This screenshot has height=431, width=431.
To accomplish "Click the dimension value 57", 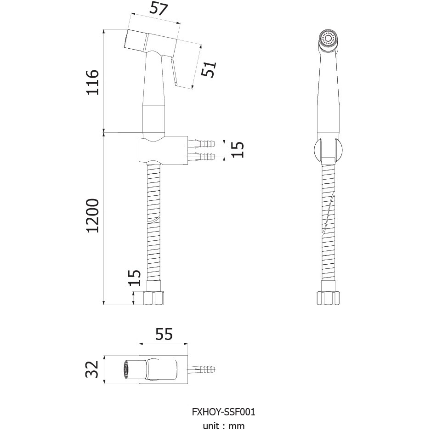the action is tap(159, 9).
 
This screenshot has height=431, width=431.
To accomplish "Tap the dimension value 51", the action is tap(209, 69).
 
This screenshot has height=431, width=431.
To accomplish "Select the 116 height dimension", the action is tap(92, 82).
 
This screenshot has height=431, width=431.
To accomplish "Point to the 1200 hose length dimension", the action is tap(92, 215).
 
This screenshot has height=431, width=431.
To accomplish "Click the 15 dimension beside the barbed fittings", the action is tap(238, 149).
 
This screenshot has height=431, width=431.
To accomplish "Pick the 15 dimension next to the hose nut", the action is tap(135, 278).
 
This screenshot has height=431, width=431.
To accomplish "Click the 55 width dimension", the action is tap(164, 334).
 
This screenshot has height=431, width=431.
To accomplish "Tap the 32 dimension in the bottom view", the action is tap(92, 369).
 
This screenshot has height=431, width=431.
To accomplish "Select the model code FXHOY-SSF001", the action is tap(223, 412).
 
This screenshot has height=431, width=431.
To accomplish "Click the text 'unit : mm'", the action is tap(223, 426).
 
